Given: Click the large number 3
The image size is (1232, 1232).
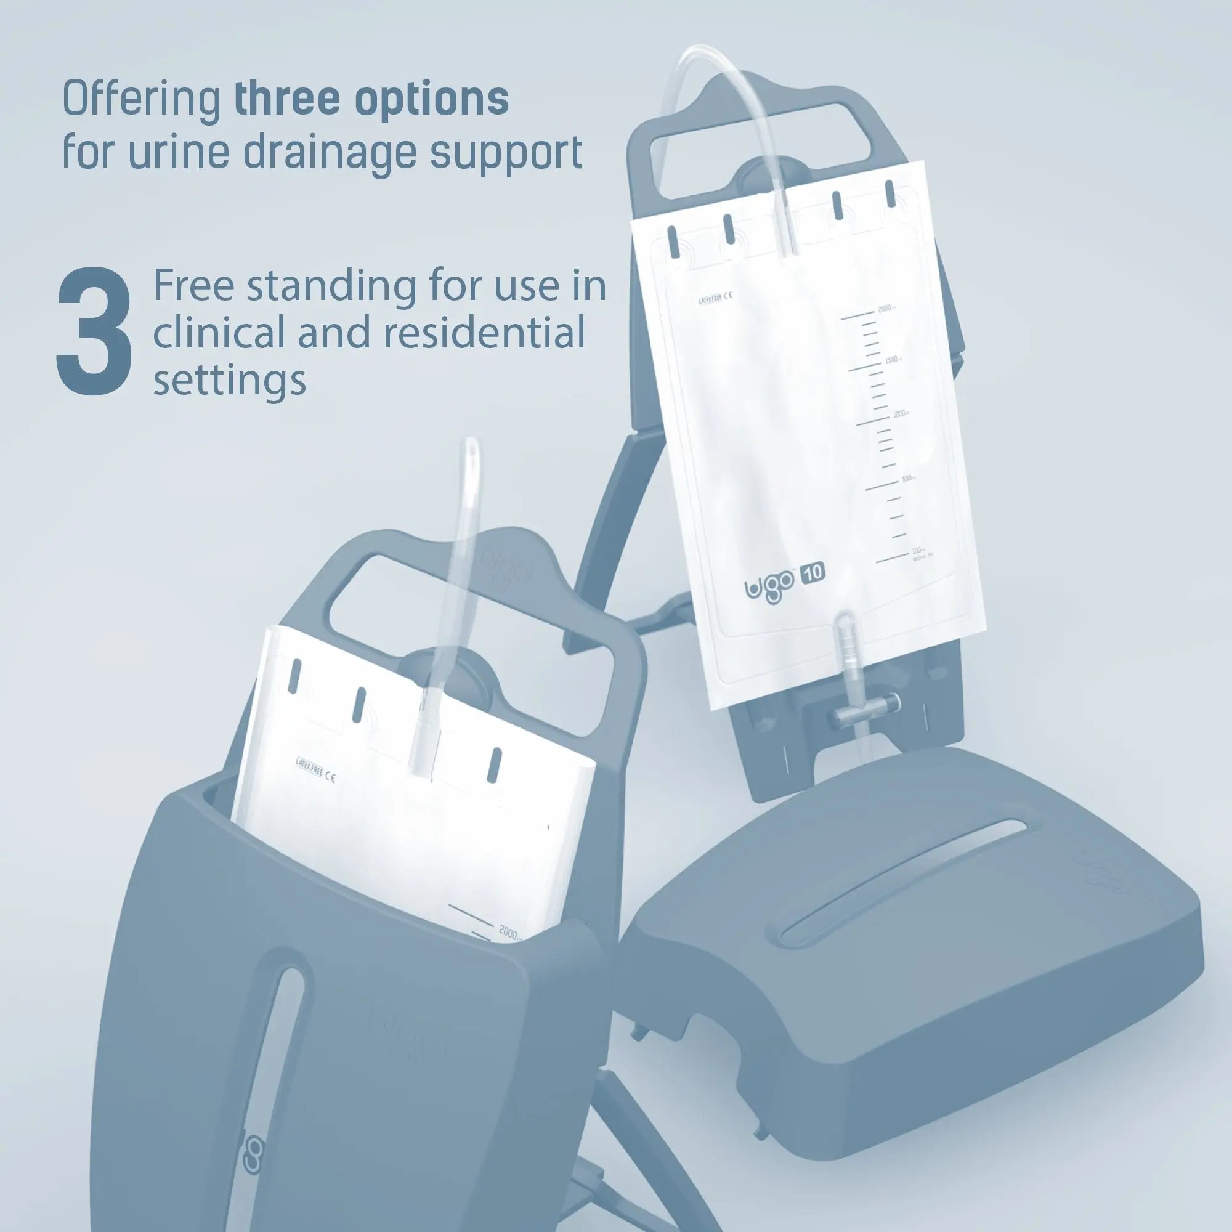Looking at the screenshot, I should [94, 332].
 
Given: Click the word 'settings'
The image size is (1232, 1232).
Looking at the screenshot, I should [230, 381].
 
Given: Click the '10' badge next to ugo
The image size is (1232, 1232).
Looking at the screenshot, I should [813, 573].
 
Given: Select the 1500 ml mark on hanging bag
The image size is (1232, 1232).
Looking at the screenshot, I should [892, 361].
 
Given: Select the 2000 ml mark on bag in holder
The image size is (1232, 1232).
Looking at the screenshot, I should [510, 932].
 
